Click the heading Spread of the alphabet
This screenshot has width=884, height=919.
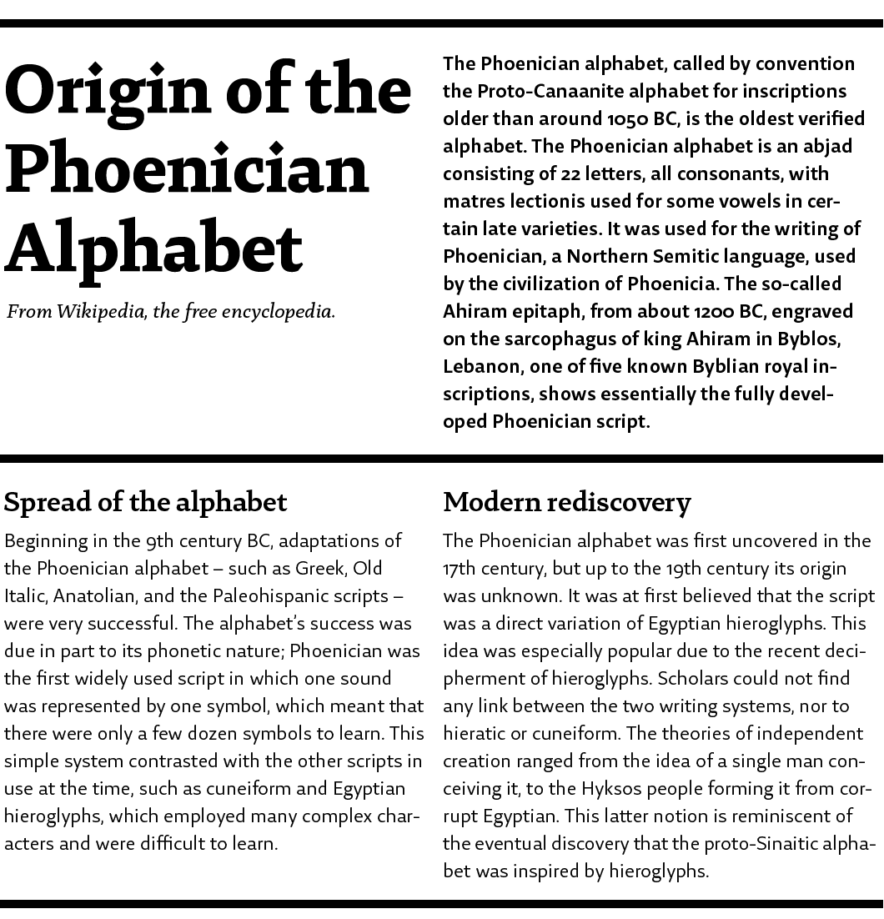[145, 502]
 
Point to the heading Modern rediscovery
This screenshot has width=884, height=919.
[567, 502]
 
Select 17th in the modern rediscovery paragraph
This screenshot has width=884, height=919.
[460, 569]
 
